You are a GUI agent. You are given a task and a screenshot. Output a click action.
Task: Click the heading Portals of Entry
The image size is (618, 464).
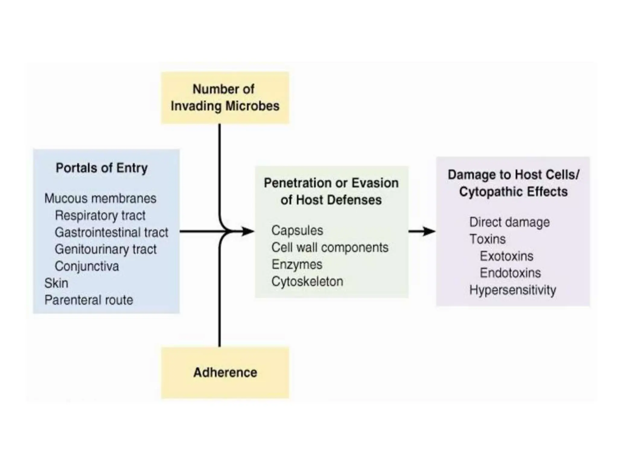tap(102, 168)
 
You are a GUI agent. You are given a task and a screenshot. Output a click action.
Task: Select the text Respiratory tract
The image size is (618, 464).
tap(100, 216)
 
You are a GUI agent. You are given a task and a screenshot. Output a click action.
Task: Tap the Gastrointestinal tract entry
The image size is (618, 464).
tap(111, 233)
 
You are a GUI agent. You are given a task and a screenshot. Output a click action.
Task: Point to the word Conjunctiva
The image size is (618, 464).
tap(87, 266)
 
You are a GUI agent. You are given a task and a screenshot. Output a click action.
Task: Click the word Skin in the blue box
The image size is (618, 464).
tap(56, 283)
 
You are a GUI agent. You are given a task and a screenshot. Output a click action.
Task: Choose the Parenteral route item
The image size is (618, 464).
tap(88, 300)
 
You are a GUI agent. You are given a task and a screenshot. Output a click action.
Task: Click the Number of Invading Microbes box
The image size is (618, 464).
tap(225, 98)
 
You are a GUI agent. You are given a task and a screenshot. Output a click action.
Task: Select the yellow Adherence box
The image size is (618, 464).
tap(225, 372)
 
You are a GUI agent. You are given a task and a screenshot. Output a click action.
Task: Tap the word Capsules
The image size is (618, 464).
tap(297, 231)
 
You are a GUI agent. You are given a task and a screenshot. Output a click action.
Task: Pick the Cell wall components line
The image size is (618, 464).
tap(330, 248)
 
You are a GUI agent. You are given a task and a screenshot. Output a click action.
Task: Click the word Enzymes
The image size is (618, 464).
tap(297, 265)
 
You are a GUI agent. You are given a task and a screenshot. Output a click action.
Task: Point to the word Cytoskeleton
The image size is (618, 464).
tap(307, 282)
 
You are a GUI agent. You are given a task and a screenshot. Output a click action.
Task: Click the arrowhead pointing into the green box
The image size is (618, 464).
tap(248, 232)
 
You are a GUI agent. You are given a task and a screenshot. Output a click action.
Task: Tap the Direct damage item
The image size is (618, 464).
tap(509, 222)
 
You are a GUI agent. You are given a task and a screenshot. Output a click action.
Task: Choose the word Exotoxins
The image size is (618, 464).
tap(506, 256)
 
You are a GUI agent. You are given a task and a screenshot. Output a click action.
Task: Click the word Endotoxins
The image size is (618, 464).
tap(510, 273)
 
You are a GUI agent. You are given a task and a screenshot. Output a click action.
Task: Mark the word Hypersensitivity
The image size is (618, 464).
tap(512, 290)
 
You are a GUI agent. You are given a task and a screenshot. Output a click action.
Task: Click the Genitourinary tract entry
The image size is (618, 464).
tap(105, 250)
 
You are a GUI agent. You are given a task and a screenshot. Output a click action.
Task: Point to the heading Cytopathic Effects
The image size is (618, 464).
tap(513, 192)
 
